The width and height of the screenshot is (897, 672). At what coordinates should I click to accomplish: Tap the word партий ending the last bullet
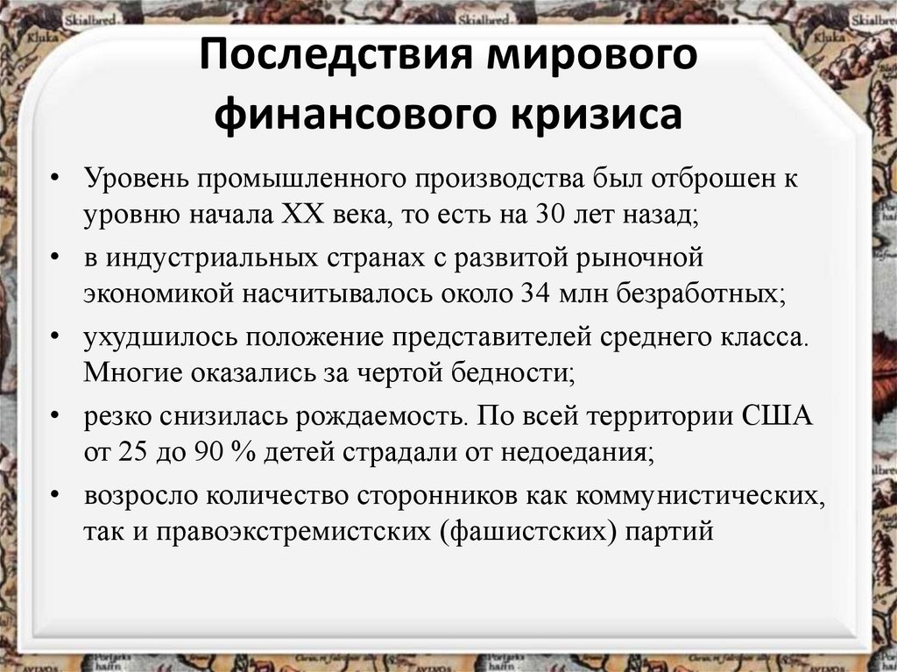point(669,532)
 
